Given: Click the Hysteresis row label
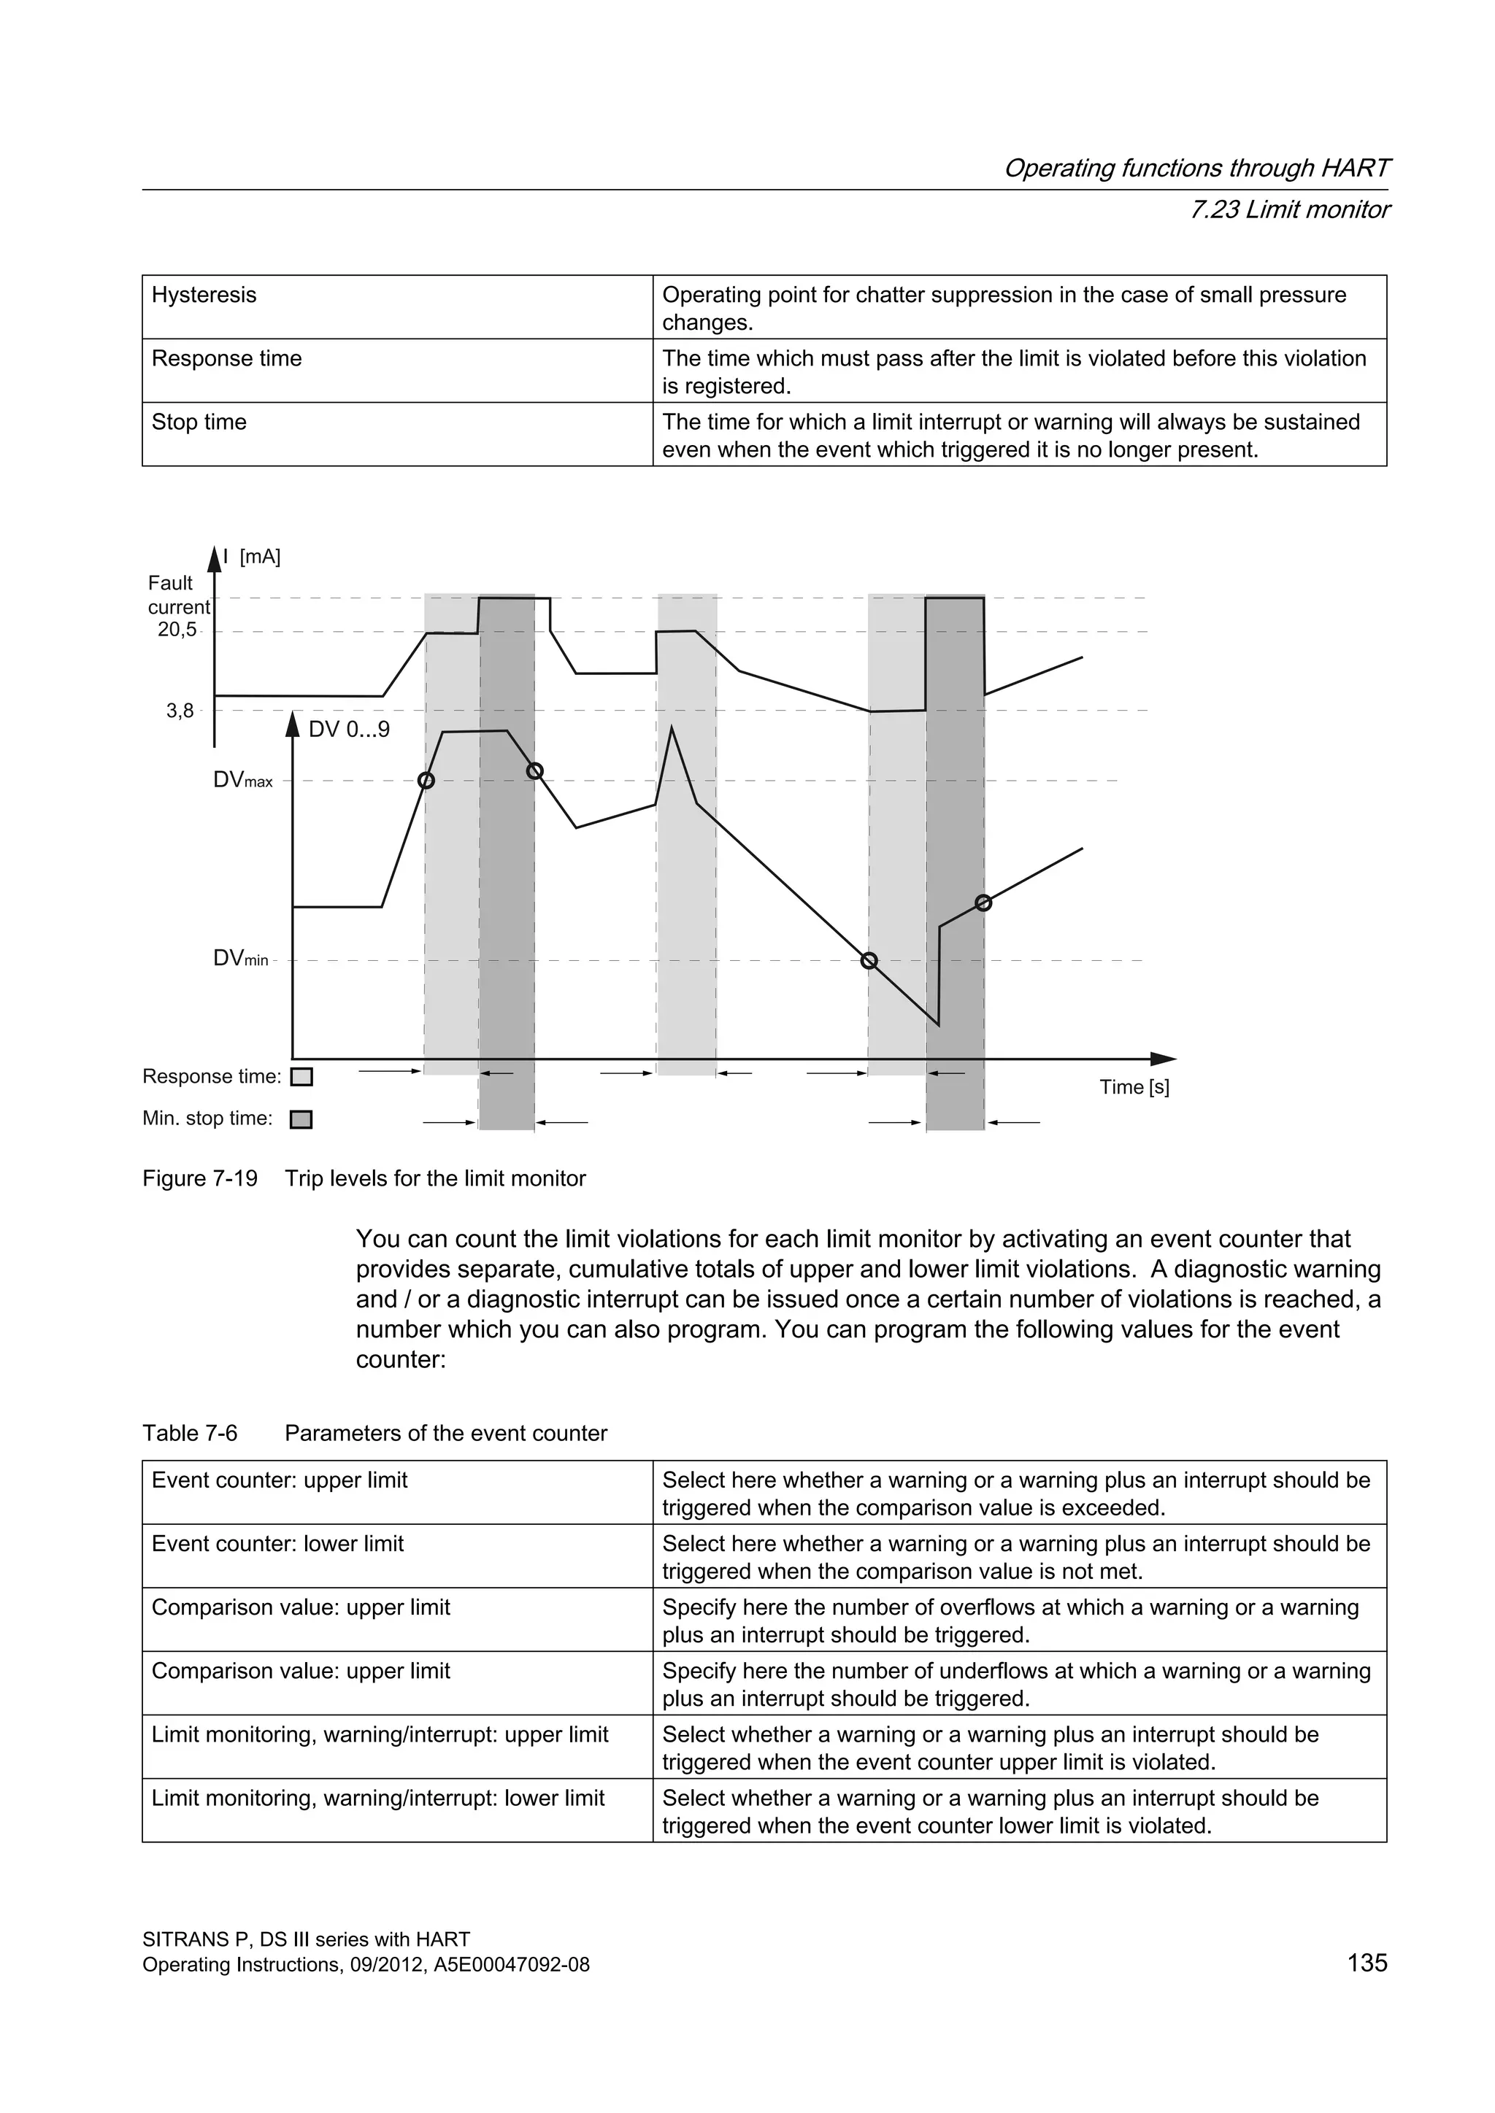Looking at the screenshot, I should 204,295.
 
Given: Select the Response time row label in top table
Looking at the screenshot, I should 226,359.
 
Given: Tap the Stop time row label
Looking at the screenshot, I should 199,422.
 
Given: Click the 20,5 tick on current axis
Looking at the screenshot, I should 177,630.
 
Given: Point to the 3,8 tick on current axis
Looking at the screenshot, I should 180,711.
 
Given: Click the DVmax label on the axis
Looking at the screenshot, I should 243,781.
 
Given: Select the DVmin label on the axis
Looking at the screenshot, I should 240,959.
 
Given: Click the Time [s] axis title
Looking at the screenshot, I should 1134,1087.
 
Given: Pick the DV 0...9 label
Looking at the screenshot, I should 349,730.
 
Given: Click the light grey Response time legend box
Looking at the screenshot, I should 301,1077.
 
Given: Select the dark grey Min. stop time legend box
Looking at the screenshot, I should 301,1119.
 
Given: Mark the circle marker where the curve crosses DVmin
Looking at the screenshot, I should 869,961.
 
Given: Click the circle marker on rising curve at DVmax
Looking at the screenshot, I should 426,781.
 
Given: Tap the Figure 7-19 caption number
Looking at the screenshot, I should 200,1179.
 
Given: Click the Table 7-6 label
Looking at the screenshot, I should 190,1433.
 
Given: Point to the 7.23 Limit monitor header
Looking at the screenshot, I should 1289,210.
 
